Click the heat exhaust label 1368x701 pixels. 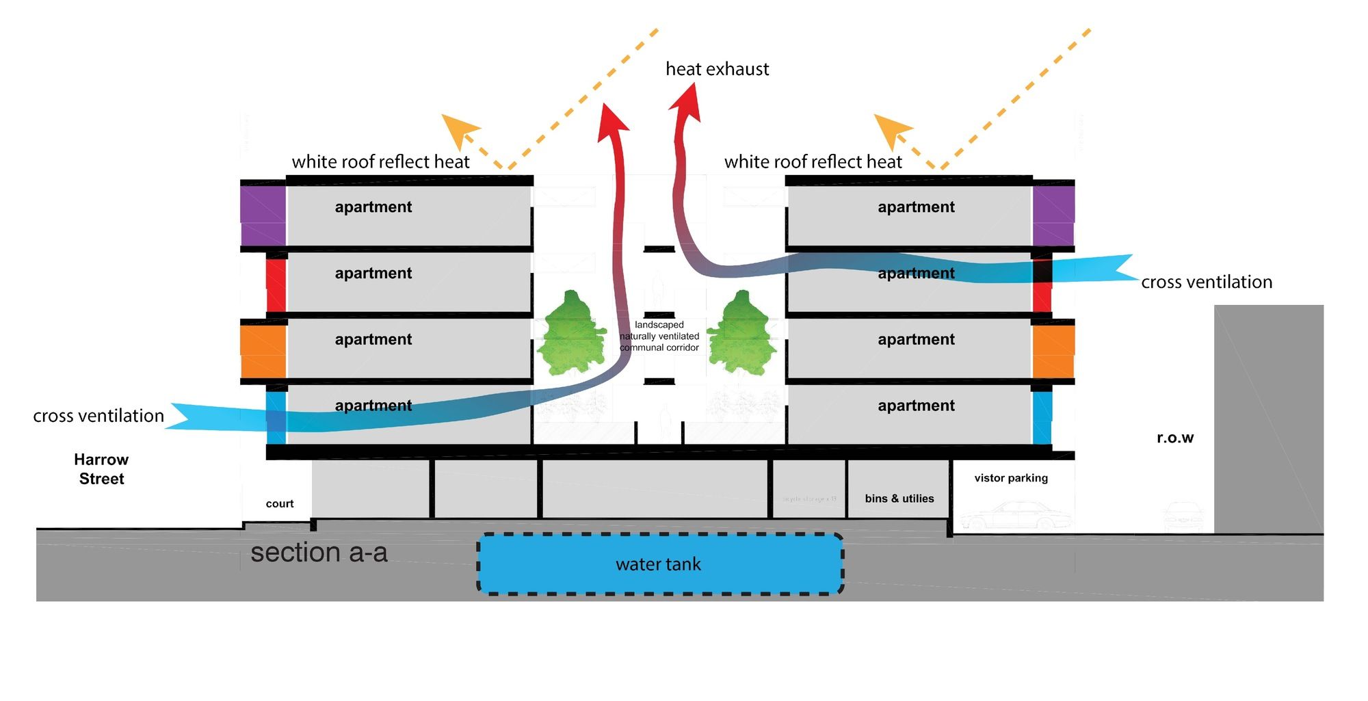717,69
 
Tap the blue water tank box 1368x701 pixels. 659,564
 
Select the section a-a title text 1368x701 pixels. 319,553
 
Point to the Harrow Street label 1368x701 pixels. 101,469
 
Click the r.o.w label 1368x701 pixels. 1174,438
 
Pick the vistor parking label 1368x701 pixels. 1010,478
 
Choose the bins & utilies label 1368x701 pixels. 899,499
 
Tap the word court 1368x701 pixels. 279,504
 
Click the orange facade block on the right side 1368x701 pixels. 1053,351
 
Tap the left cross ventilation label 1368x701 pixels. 98,416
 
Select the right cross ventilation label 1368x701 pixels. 1206,282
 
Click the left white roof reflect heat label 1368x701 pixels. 380,162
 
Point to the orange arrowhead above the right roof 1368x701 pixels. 891,129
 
